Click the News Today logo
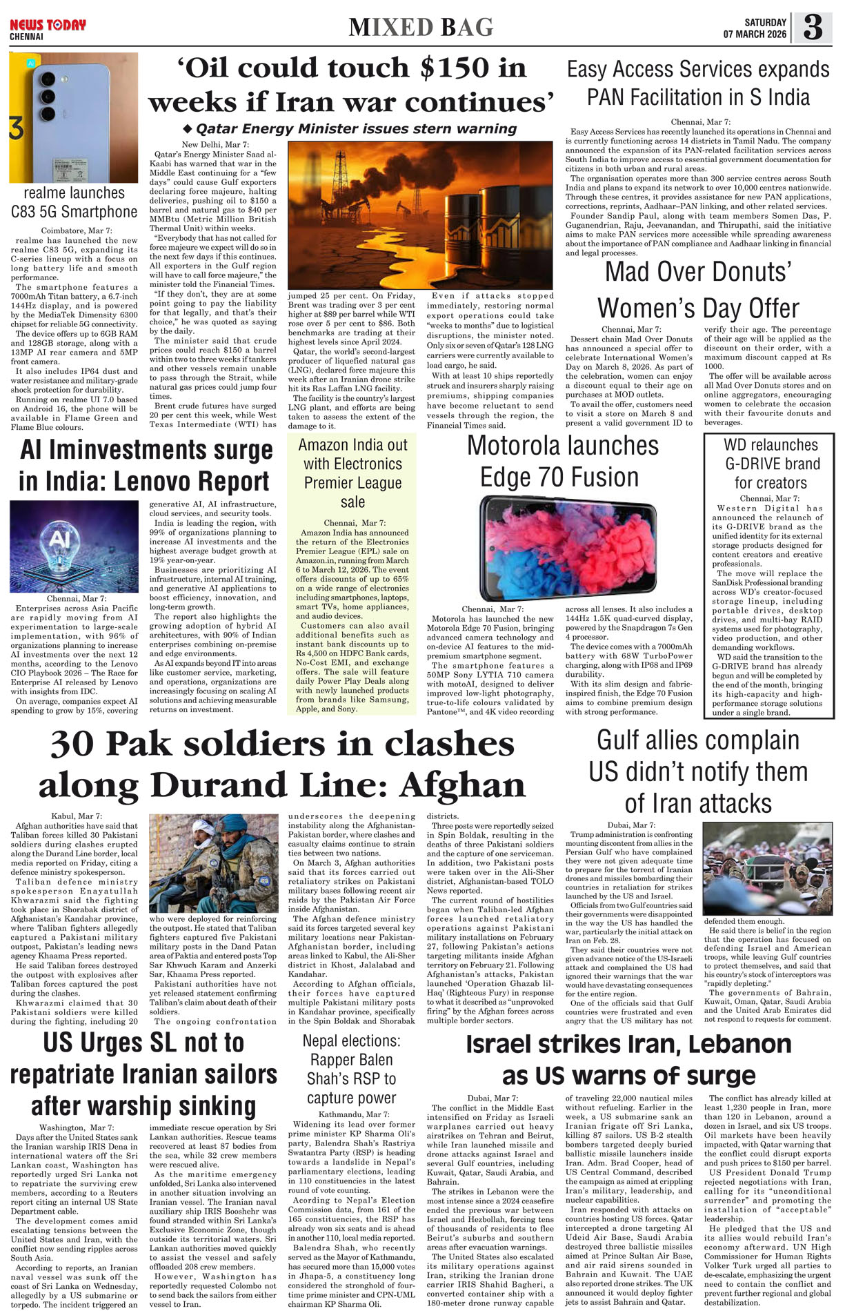48,26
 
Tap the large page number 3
813,28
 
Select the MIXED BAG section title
421,28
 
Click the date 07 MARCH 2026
755,34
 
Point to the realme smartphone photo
73,117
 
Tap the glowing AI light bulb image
74,546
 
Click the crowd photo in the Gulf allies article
767,869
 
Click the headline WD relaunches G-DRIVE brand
771,464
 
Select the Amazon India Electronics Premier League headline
352,473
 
